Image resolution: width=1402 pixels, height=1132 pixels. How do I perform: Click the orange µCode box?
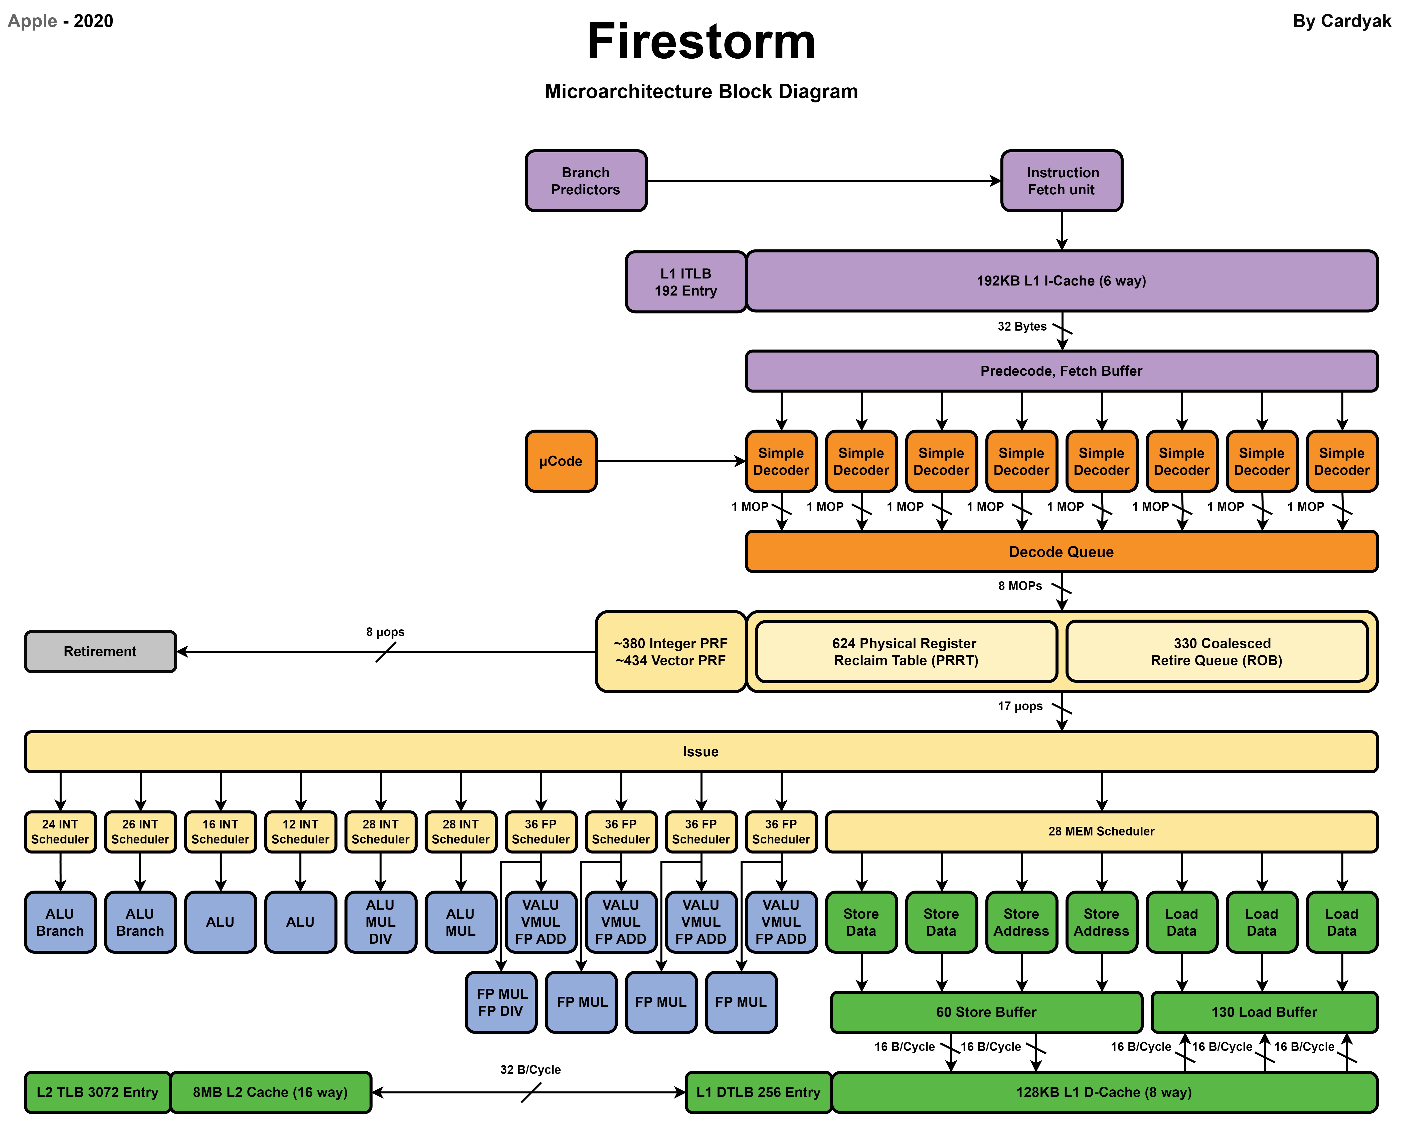(x=561, y=461)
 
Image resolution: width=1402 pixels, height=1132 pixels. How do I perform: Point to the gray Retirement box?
(x=100, y=651)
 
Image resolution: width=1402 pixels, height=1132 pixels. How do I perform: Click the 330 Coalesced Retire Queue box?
(x=1216, y=651)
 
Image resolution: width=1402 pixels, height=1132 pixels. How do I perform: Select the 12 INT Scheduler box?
(x=300, y=831)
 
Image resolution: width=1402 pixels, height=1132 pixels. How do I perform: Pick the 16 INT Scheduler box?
(x=220, y=831)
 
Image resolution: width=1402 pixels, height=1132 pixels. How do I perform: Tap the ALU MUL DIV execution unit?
(x=381, y=921)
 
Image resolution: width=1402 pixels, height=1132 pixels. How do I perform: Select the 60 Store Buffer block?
(x=986, y=1012)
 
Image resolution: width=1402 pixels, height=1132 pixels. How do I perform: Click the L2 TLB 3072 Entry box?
(x=98, y=1092)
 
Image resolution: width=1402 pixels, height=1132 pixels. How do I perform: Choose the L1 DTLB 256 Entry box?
(x=758, y=1092)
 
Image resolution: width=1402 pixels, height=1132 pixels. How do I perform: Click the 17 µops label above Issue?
(x=1020, y=706)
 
